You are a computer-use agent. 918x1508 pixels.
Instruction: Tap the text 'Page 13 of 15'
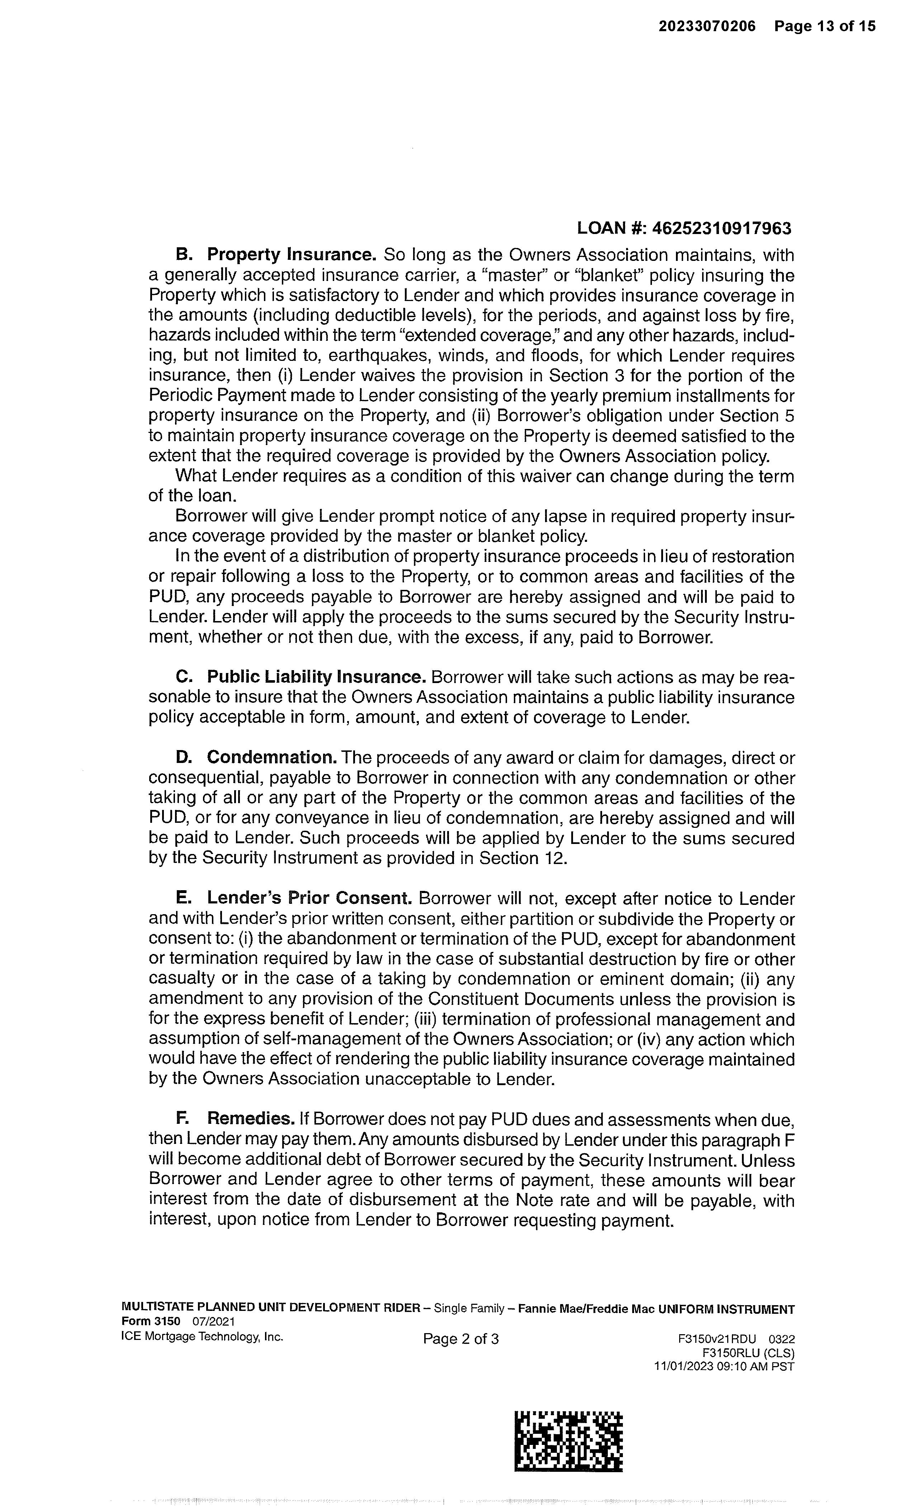click(824, 26)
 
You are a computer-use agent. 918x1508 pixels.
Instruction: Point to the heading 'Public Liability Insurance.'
click(316, 677)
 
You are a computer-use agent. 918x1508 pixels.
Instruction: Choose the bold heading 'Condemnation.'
click(272, 757)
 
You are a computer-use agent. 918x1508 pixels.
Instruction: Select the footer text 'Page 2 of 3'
click(460, 1339)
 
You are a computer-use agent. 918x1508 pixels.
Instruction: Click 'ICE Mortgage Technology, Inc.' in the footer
click(203, 1337)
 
